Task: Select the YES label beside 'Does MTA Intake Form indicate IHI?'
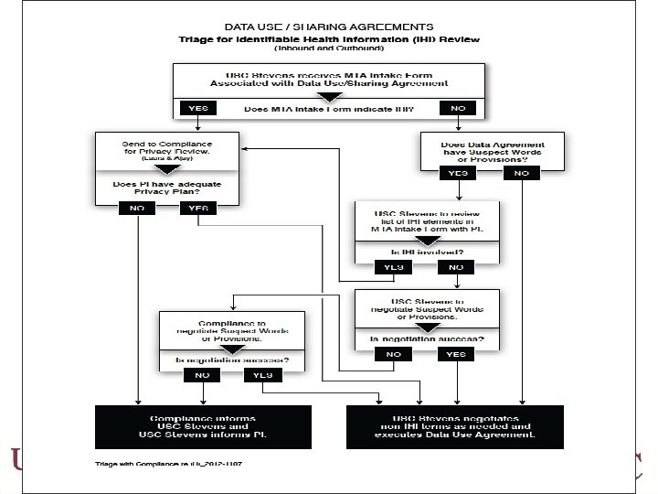197,108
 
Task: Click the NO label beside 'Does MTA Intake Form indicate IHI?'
459,108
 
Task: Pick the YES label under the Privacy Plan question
193,209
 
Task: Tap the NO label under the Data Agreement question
521,172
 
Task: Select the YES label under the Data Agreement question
459,172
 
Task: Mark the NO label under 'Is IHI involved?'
456,268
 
